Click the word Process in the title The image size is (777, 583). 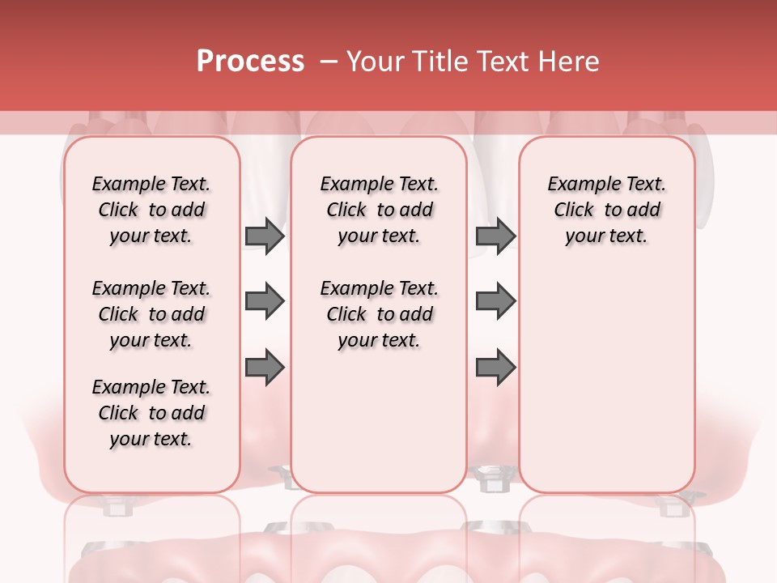point(250,62)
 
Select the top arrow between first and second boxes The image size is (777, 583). point(265,236)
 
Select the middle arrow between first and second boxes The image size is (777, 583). point(265,301)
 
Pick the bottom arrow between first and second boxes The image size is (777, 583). point(265,367)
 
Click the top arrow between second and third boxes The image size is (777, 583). point(495,236)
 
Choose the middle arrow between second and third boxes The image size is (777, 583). point(495,301)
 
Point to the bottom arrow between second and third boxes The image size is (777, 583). point(495,367)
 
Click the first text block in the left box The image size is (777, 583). point(151,210)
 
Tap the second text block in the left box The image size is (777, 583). point(151,314)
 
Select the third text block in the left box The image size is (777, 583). point(151,413)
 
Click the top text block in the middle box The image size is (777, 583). point(379,210)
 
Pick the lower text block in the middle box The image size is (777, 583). point(379,314)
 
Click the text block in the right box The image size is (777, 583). point(606,210)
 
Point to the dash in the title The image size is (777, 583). point(329,62)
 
